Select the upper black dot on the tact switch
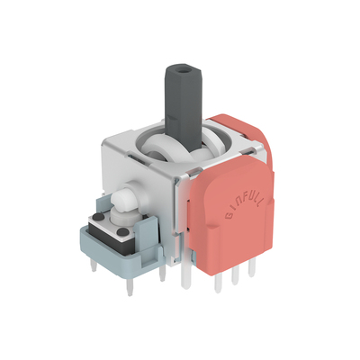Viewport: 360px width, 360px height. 97,217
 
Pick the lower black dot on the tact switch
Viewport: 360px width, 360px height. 121,231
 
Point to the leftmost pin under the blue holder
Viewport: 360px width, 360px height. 94,265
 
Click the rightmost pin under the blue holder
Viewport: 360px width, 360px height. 162,273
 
